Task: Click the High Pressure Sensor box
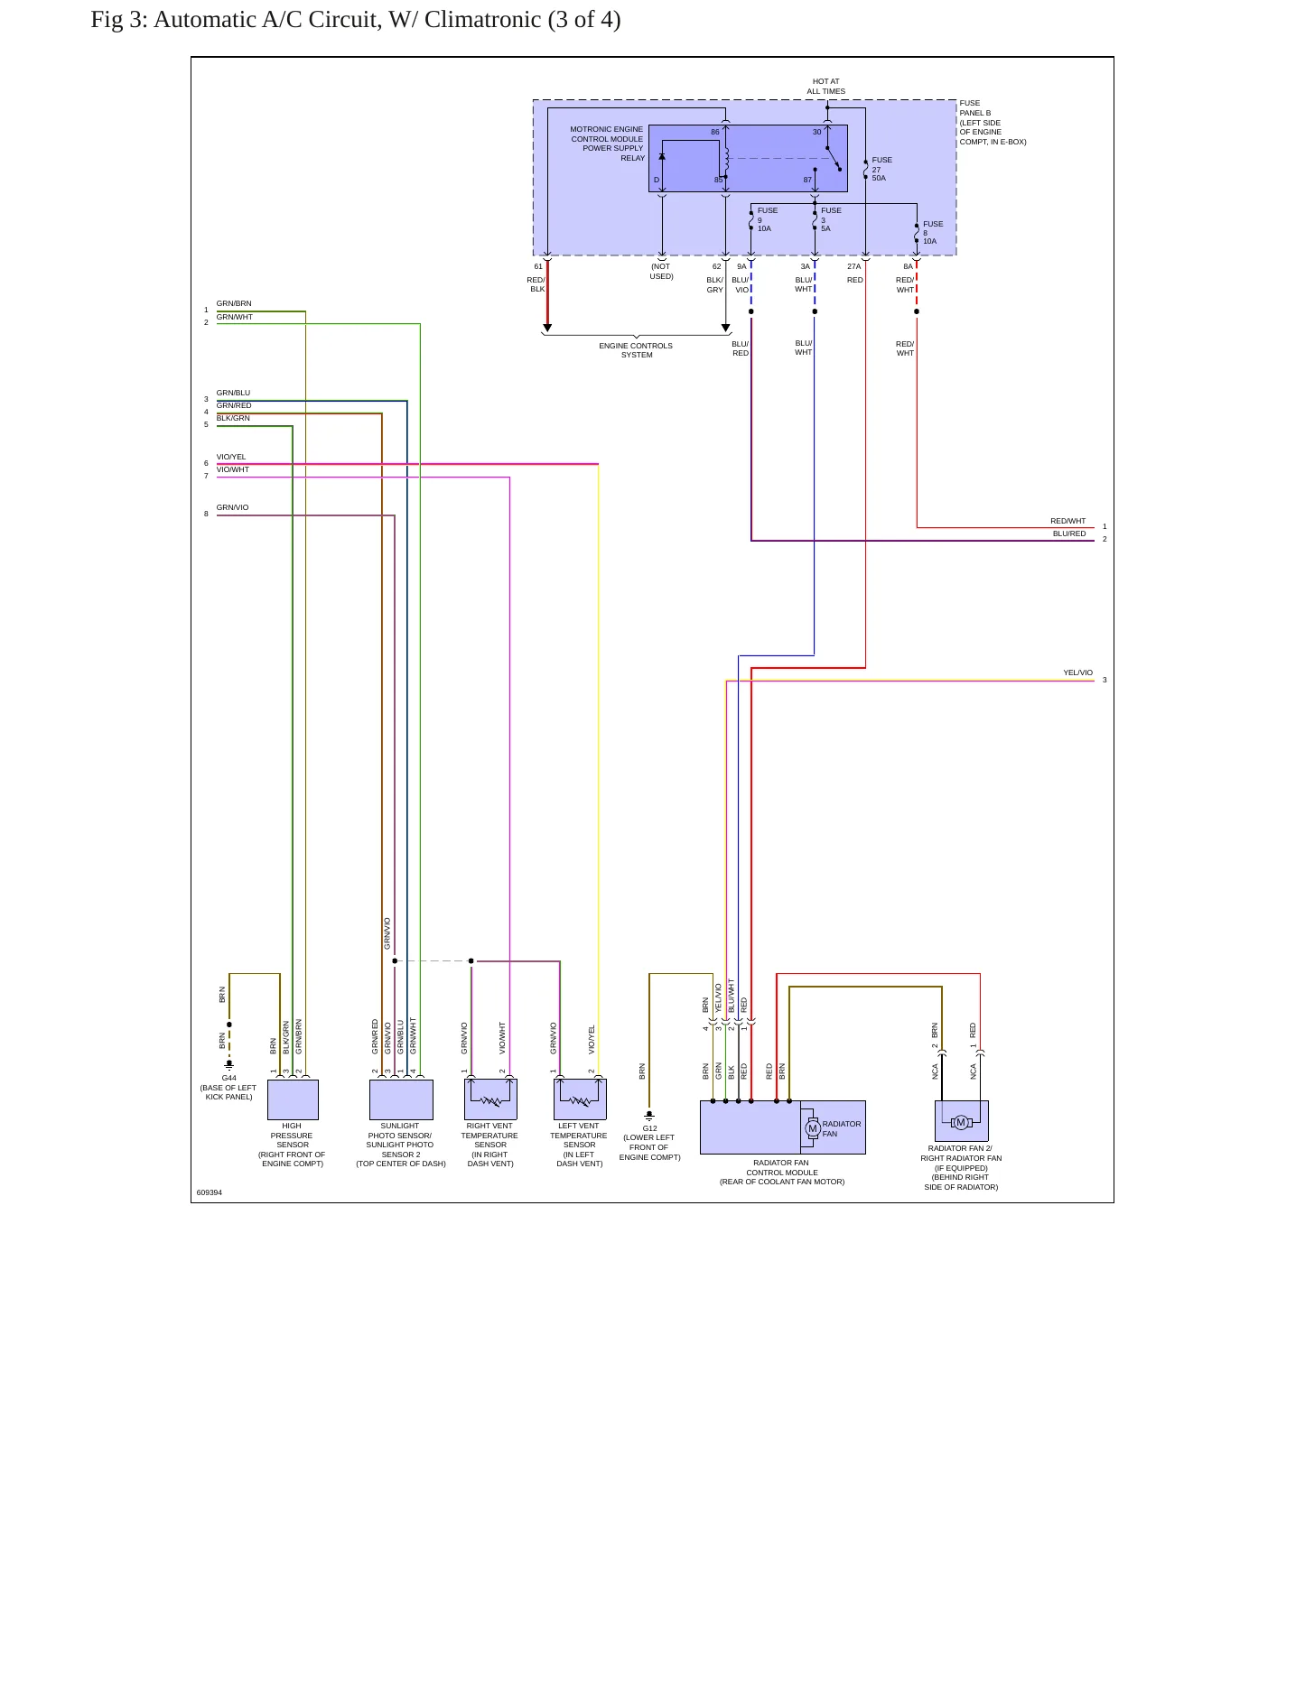pyautogui.click(x=293, y=1099)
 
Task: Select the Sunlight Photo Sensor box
pyautogui.click(x=401, y=1099)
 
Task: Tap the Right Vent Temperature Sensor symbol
pyautogui.click(x=490, y=1099)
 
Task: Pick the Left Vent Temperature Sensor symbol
pyautogui.click(x=580, y=1099)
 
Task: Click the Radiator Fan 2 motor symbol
pyautogui.click(x=961, y=1122)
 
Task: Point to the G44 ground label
pyautogui.click(x=229, y=1078)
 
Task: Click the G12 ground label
pyautogui.click(x=650, y=1128)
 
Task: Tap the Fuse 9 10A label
pyautogui.click(x=767, y=219)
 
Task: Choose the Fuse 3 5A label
pyautogui.click(x=831, y=219)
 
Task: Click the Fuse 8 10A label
pyautogui.click(x=933, y=232)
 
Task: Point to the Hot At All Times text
pyautogui.click(x=826, y=86)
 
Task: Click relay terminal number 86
pyautogui.click(x=715, y=132)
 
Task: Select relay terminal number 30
pyautogui.click(x=817, y=132)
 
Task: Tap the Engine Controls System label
pyautogui.click(x=636, y=350)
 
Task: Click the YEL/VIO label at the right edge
pyautogui.click(x=1077, y=672)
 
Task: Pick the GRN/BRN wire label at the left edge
pyautogui.click(x=234, y=303)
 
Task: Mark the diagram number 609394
pyautogui.click(x=210, y=1192)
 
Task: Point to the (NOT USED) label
pyautogui.click(x=661, y=271)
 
